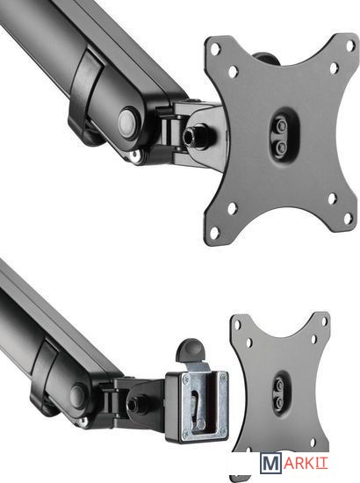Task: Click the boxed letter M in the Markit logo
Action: [x=271, y=463]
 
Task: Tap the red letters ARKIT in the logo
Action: [x=306, y=463]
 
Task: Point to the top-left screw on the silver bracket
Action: [x=184, y=379]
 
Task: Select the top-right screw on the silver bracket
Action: [x=222, y=376]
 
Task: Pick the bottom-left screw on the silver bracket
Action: [x=186, y=435]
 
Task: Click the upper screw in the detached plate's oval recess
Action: [x=279, y=385]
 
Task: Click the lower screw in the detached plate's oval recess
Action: [x=279, y=401]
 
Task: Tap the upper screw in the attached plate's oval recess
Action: [x=281, y=126]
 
